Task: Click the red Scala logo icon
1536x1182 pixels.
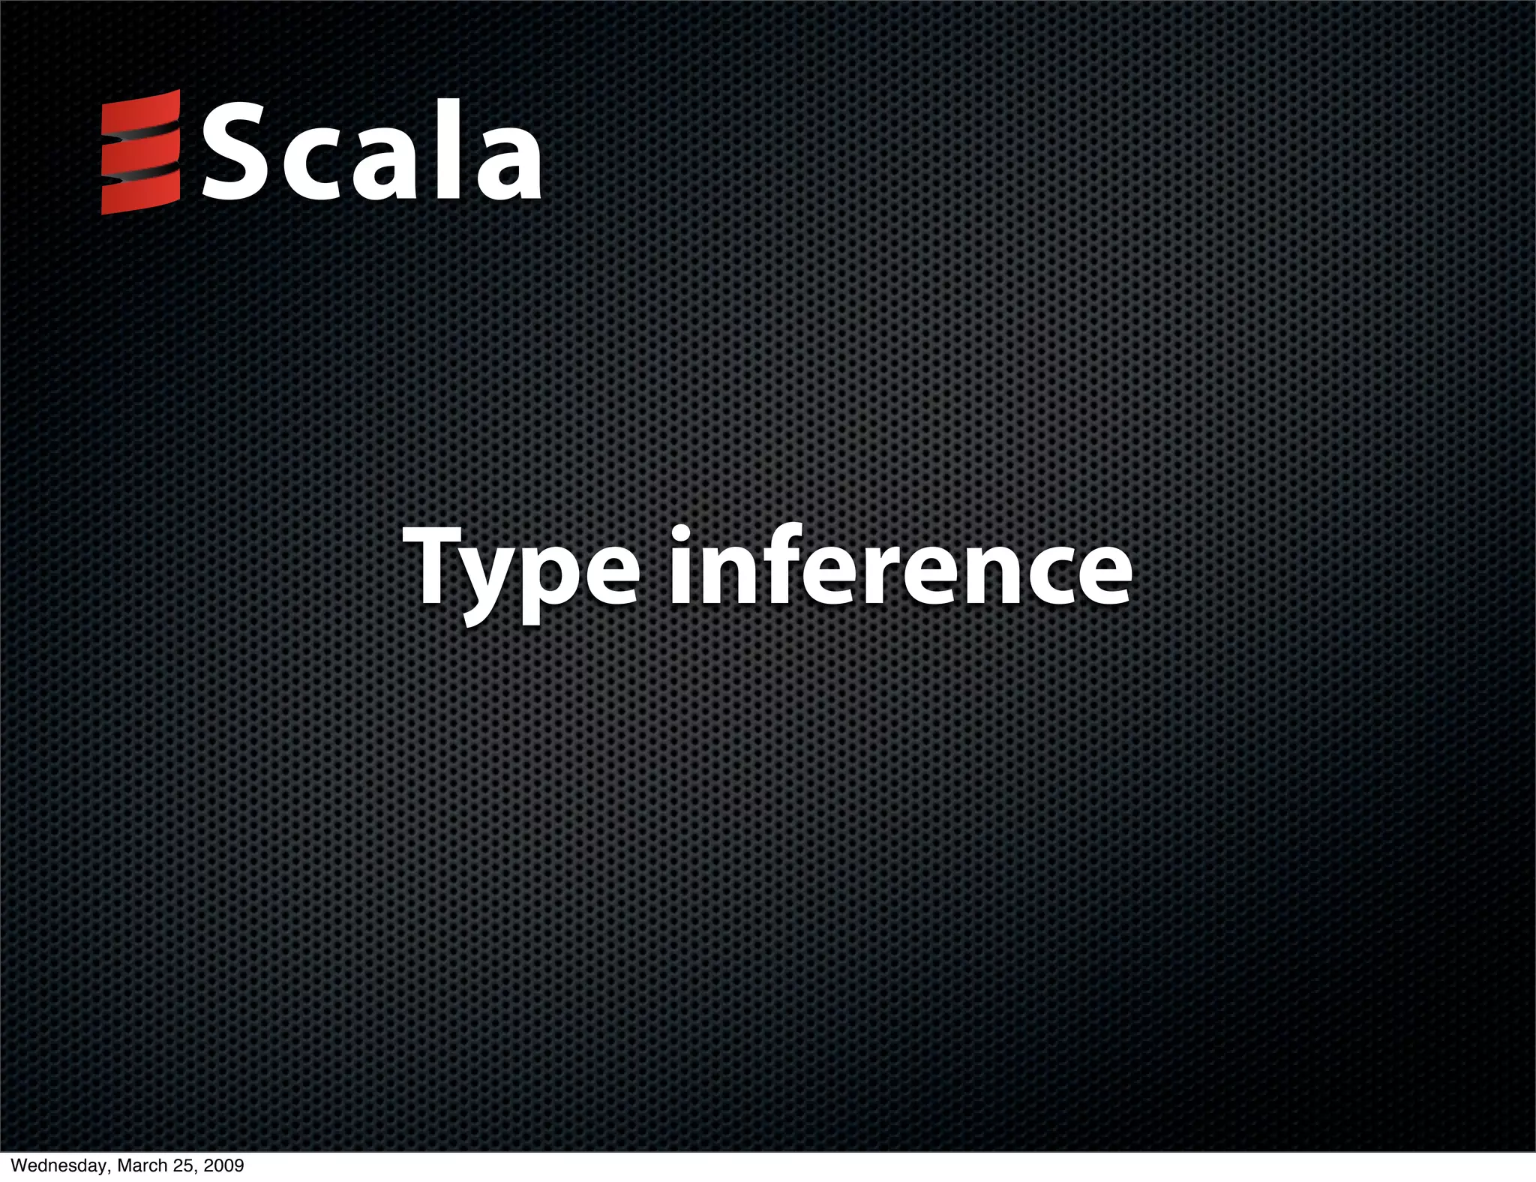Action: (141, 151)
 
